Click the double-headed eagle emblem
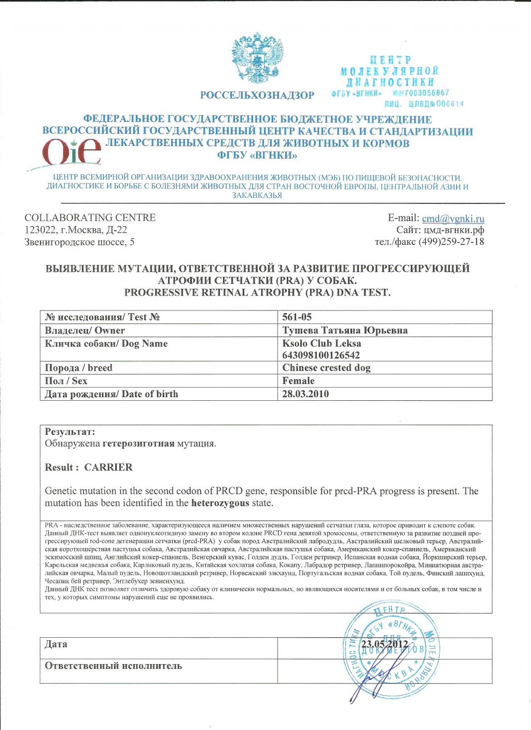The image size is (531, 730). click(x=258, y=58)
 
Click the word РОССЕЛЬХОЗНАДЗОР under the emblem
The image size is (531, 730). click(x=257, y=95)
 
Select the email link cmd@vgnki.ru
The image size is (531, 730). click(x=453, y=218)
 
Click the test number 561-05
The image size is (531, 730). click(x=297, y=317)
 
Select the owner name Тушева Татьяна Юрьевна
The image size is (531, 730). click(x=345, y=330)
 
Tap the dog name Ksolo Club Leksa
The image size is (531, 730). click(x=322, y=343)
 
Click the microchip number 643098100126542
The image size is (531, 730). click(x=321, y=355)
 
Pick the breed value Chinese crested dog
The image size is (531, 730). click(x=326, y=368)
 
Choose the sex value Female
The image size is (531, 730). click(x=298, y=381)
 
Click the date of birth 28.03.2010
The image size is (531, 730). click(x=305, y=394)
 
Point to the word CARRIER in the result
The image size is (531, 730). click(x=108, y=467)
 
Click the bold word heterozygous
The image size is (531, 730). click(x=220, y=503)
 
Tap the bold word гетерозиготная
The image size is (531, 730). click(x=138, y=444)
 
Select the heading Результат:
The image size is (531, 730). click(x=70, y=431)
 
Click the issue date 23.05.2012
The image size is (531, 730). click(x=385, y=644)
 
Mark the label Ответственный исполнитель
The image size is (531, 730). click(x=113, y=666)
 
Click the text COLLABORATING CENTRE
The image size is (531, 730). click(x=90, y=218)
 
